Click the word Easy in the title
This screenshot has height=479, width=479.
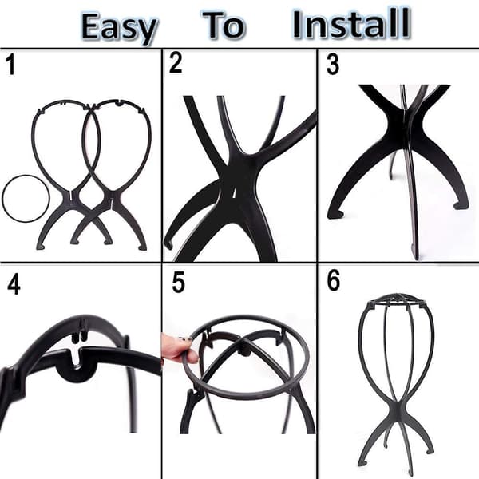120,28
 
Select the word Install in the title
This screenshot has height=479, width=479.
351,23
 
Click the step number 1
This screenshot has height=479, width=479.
11,64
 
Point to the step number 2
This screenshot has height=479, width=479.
176,62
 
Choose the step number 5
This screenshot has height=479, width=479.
178,283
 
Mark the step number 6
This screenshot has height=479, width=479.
333,280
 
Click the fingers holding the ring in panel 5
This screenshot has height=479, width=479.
179,348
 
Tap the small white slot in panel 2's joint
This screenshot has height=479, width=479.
234,192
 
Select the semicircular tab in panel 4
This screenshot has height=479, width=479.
77,374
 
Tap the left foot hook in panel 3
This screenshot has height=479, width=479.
335,214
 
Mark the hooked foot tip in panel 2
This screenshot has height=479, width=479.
169,243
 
